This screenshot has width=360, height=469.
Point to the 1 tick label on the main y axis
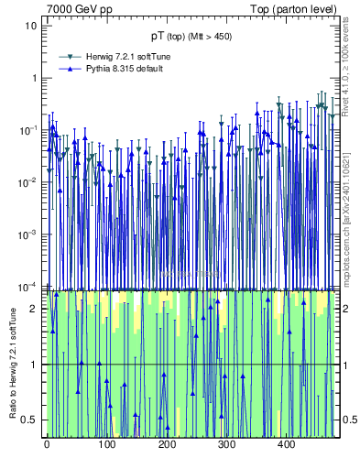pyautogui.click(x=33, y=77)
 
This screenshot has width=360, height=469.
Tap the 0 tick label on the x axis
pyautogui.click(x=47, y=444)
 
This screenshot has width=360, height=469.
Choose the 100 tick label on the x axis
pyautogui.click(x=106, y=444)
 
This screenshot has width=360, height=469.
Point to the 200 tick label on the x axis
pyautogui.click(x=167, y=444)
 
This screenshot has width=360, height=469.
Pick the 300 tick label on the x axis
pyautogui.click(x=226, y=444)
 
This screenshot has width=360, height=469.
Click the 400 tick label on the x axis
pyautogui.click(x=286, y=444)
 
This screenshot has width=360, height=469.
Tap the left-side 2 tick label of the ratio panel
pyautogui.click(x=33, y=309)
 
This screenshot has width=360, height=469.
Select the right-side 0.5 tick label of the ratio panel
pyautogui.click(x=348, y=420)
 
